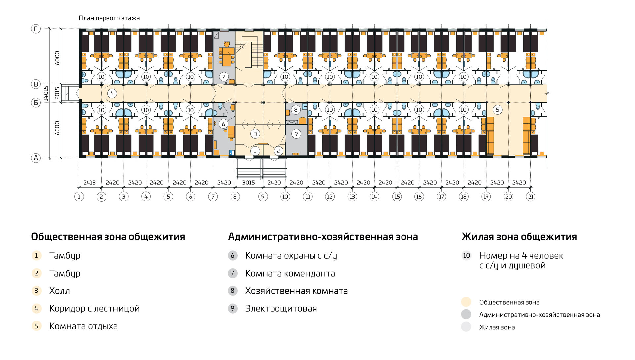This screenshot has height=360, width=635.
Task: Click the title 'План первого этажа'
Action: point(109,18)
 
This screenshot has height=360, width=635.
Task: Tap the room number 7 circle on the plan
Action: point(224,77)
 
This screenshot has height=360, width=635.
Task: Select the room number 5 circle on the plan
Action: point(497,110)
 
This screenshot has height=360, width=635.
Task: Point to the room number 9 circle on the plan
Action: point(296,134)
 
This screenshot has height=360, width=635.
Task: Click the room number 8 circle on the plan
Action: point(296,110)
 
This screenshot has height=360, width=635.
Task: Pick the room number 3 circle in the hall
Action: point(255,134)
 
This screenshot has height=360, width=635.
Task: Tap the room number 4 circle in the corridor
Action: point(112,93)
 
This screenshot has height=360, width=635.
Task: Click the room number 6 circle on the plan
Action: point(223,124)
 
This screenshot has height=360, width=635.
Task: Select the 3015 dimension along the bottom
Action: point(248,183)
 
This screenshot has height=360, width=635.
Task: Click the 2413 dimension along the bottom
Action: point(89,183)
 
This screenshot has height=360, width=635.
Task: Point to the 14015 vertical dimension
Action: point(46,93)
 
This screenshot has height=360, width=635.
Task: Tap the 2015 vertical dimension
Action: point(57,93)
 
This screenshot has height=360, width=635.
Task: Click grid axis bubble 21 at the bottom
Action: point(531,197)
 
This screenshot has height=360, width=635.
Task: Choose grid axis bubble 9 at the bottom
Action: point(263,197)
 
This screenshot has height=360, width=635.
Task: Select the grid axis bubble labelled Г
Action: point(36,29)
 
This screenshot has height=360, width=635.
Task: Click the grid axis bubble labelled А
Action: point(36,158)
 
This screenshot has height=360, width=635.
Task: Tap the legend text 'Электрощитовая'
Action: point(281,309)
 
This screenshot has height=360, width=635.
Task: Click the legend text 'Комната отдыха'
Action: point(83,326)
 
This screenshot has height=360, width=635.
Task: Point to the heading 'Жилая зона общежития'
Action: point(519,237)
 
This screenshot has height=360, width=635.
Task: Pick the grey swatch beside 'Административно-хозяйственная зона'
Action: point(466,314)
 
